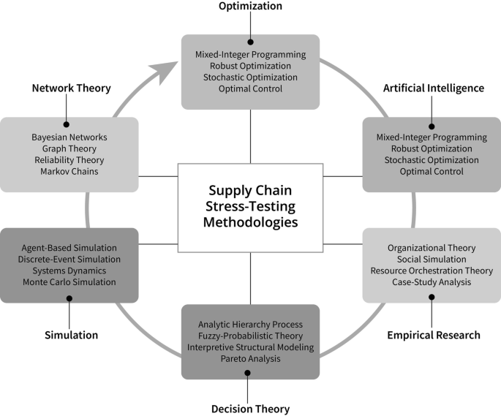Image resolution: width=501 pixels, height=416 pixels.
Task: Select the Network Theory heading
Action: click(x=71, y=88)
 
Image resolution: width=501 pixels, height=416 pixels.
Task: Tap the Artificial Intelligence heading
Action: click(x=434, y=88)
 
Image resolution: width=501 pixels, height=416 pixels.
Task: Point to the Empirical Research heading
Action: click(x=434, y=335)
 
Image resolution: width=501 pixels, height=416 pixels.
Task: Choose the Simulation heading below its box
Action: click(x=71, y=334)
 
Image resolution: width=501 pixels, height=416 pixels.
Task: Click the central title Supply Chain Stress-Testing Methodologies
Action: click(x=250, y=207)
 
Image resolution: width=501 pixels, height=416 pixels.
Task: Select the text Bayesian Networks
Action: click(x=69, y=137)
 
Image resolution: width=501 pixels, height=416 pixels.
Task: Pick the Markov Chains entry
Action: click(x=69, y=171)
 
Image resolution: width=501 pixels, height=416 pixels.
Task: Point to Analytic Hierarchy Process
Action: click(x=250, y=324)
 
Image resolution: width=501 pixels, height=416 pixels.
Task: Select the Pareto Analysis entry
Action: click(x=250, y=359)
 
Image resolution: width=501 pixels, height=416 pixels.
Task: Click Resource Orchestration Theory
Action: click(x=432, y=271)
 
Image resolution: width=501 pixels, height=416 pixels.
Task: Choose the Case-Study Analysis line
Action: click(x=432, y=282)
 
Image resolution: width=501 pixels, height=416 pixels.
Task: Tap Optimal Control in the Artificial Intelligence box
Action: click(x=432, y=171)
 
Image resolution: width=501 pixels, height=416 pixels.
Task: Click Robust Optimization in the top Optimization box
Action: click(x=250, y=66)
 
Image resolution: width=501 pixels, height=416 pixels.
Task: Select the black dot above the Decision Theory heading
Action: click(x=250, y=373)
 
